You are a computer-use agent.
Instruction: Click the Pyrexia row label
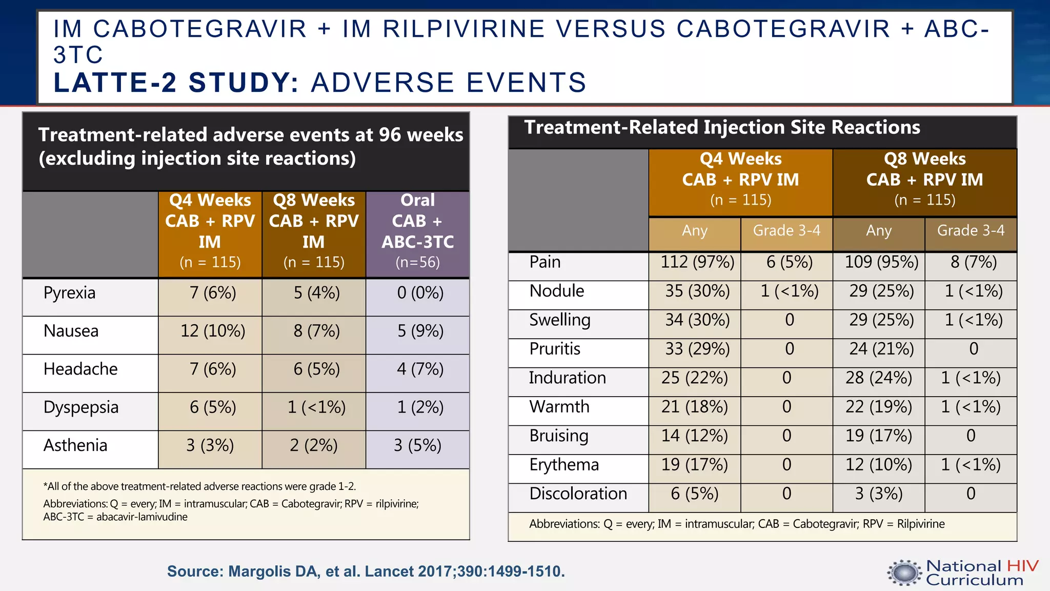[x=70, y=293]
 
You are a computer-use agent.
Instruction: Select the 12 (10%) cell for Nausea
[x=212, y=331]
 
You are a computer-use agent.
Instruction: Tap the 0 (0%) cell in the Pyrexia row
[x=420, y=293]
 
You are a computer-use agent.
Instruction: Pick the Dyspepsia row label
[x=81, y=407]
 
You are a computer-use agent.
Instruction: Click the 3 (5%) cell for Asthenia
[x=417, y=445]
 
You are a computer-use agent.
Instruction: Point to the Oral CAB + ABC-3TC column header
[x=417, y=231]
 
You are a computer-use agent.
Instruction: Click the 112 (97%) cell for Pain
[x=697, y=262]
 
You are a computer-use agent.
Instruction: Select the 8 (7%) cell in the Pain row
[x=973, y=262]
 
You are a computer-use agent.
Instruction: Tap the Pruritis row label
[x=555, y=349]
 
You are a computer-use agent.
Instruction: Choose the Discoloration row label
[x=578, y=494]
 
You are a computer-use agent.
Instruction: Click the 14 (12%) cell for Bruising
[x=694, y=436]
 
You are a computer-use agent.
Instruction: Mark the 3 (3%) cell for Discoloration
[x=879, y=494]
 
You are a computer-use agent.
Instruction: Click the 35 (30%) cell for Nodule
[x=697, y=291]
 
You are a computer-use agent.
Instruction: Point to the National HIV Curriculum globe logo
[x=904, y=573]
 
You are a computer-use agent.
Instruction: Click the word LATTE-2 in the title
[x=115, y=83]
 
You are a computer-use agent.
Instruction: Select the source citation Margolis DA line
[x=366, y=572]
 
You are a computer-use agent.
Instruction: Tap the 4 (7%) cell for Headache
[x=420, y=369]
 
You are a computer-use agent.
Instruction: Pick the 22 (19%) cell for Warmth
[x=879, y=407]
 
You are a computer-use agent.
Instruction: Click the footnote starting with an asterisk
[x=199, y=486]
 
